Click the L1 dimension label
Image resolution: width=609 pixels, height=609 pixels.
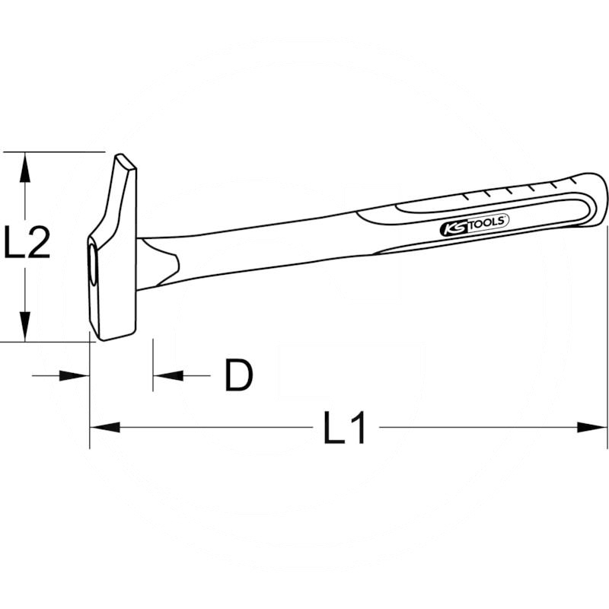[345, 428]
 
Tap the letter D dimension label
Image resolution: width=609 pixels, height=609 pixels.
[238, 375]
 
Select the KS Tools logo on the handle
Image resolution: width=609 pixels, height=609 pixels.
[473, 225]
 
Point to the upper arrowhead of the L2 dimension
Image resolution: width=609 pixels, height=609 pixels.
[25, 167]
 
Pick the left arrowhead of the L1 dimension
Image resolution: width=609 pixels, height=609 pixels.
[105, 428]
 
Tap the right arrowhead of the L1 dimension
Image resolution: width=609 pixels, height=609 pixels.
[591, 428]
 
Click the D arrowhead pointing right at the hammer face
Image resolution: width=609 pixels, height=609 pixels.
[75, 375]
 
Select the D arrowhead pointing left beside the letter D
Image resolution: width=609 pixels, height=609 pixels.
[168, 375]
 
